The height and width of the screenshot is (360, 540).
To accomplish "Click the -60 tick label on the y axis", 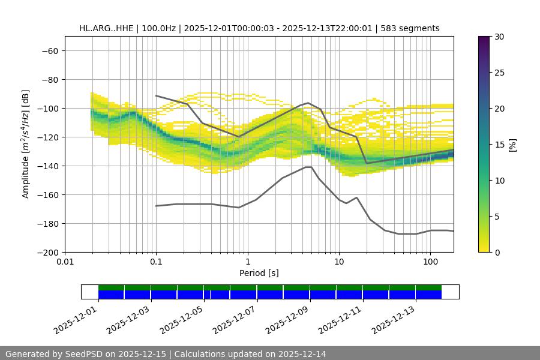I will click(x=49, y=50).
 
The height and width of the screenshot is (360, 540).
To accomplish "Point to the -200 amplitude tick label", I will click(x=47, y=252).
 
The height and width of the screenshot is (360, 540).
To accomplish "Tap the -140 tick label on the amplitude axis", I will click(x=47, y=166).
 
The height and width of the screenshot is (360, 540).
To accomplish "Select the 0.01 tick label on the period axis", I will click(x=65, y=262).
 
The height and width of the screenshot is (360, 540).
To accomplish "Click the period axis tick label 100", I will click(x=430, y=262).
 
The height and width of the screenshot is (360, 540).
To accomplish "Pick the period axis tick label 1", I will click(x=247, y=262).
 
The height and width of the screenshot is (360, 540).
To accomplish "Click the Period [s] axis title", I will click(x=259, y=273).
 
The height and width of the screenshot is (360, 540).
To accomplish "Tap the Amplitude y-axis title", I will click(x=25, y=144).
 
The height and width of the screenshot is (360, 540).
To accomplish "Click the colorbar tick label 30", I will click(x=499, y=37).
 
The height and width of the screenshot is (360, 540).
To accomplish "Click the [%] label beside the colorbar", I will click(x=512, y=145).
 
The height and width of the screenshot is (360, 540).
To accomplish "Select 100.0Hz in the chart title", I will click(x=158, y=28).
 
